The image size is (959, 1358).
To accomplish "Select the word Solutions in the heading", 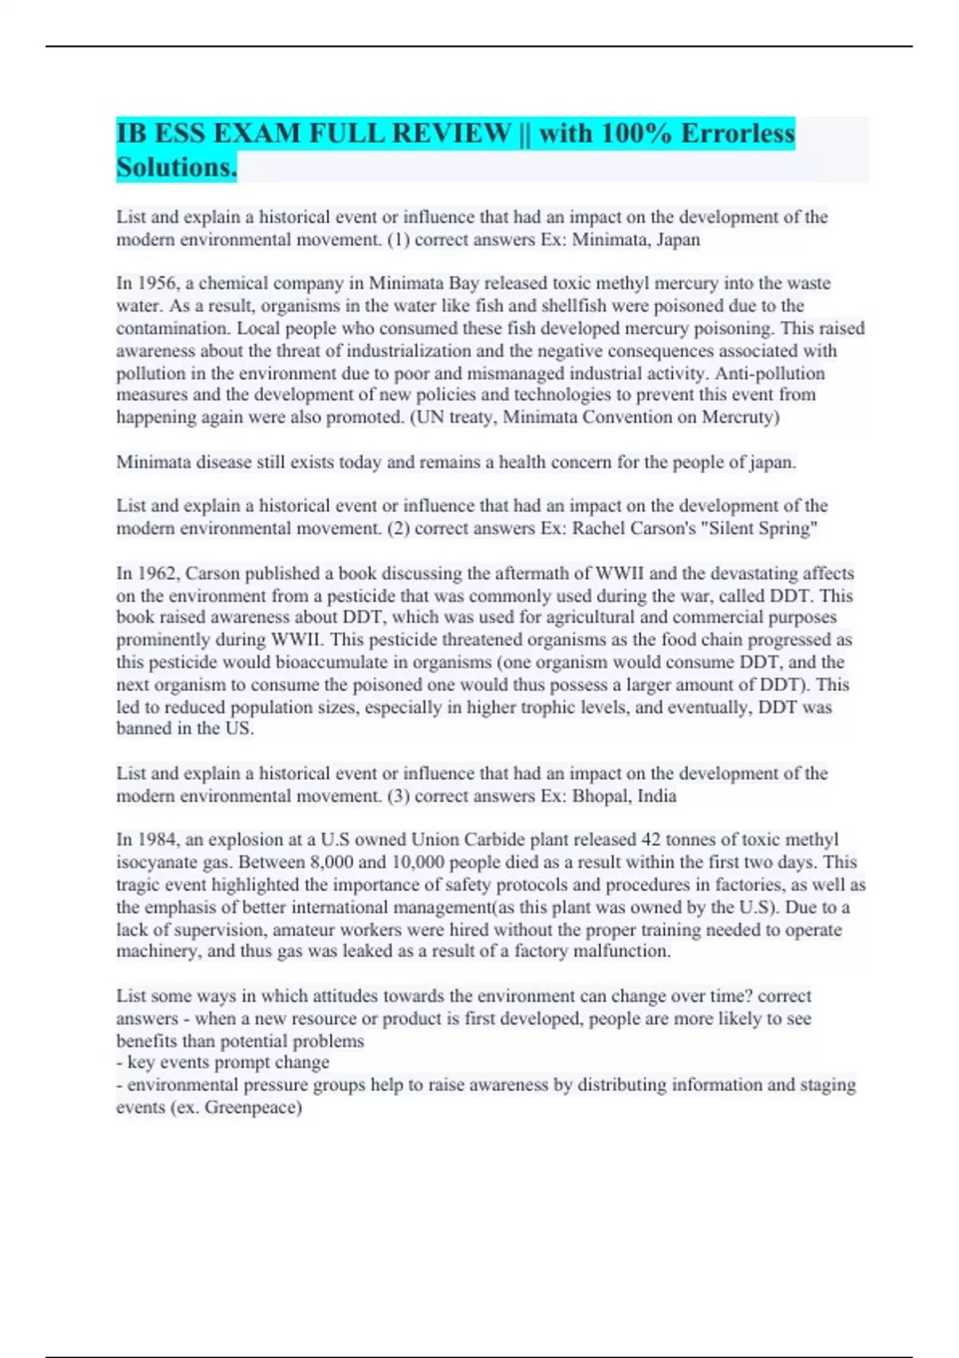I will [176, 167].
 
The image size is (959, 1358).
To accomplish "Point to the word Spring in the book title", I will [789, 528].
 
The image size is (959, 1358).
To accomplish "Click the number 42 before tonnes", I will [650, 840].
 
